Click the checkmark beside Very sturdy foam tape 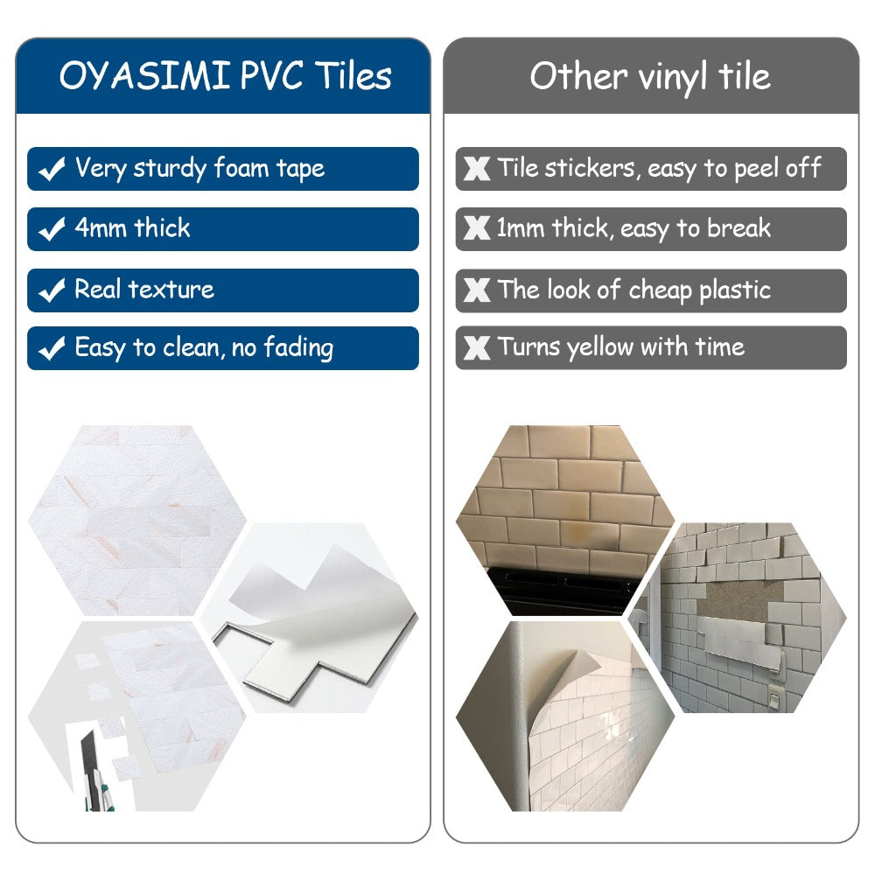[52, 170]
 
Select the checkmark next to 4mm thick [52, 230]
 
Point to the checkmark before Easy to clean [52, 349]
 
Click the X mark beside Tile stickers [477, 170]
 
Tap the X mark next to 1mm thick [477, 230]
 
